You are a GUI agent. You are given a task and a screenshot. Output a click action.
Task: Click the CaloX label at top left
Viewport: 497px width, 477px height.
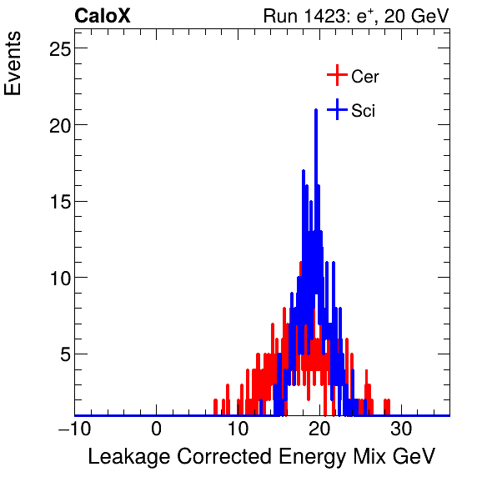102,16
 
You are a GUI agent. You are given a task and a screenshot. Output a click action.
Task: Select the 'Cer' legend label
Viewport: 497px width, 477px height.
364,77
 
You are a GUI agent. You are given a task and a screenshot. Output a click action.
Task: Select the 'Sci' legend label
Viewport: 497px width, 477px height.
363,110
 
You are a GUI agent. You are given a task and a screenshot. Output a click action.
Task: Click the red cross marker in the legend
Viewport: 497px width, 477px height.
336,76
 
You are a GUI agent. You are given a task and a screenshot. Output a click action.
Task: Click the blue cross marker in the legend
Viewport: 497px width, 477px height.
336,109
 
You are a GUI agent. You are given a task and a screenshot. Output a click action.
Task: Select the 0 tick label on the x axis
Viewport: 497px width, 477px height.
157,429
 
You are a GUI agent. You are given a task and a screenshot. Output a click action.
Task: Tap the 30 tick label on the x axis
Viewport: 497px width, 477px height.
401,429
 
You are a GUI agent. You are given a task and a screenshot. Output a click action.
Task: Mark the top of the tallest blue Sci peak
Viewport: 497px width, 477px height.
316,110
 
